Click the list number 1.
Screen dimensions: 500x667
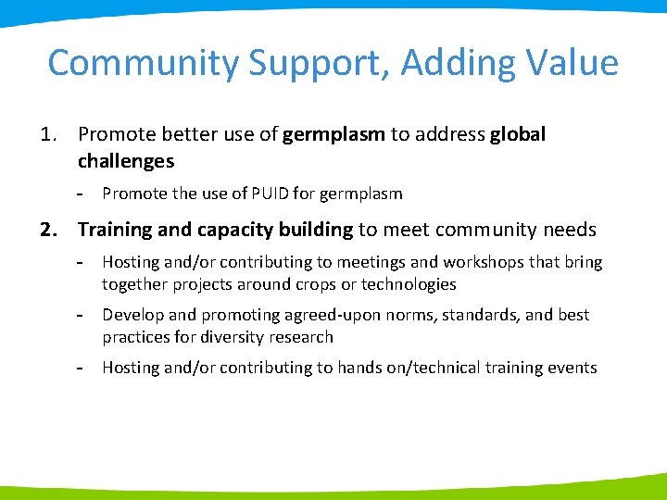pyautogui.click(x=50, y=135)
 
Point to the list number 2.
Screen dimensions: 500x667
pyautogui.click(x=50, y=230)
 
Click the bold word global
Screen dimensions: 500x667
pyautogui.click(x=518, y=135)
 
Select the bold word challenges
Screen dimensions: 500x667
pyautogui.click(x=125, y=162)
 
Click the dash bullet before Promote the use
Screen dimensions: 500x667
pyautogui.click(x=82, y=194)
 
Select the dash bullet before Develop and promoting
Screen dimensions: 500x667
pyautogui.click(x=82, y=315)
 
